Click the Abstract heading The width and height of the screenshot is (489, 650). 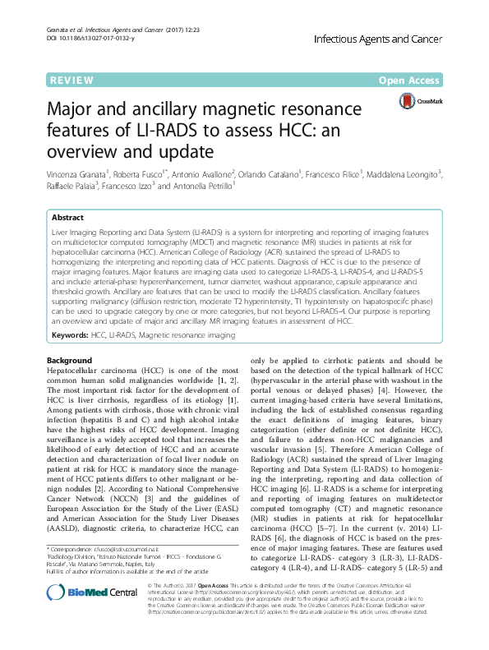tap(67, 218)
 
